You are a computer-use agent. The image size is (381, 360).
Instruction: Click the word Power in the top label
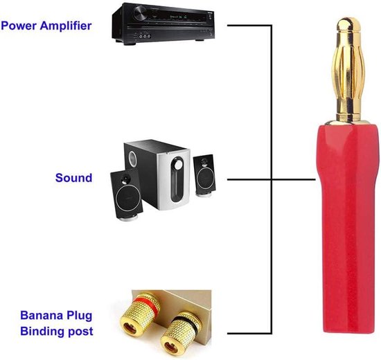point(19,26)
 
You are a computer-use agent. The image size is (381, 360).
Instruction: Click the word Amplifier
point(66,26)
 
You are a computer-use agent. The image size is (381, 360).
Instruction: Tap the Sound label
point(74,177)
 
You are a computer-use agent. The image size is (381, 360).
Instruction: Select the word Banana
point(42,315)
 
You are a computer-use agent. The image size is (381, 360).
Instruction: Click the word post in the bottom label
point(80,332)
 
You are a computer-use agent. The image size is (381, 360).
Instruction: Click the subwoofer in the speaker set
point(157,174)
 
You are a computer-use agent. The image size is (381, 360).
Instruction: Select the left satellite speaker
point(126,195)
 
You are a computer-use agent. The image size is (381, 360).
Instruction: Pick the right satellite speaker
point(204,175)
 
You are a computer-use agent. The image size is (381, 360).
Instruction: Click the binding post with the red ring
point(139,314)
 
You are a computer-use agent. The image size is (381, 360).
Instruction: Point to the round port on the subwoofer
point(133,159)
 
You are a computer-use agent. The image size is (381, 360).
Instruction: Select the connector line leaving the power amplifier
point(249,25)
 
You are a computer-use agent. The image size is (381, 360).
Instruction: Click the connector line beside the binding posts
point(249,333)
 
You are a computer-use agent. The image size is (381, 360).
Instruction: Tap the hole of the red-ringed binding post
point(130,328)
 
